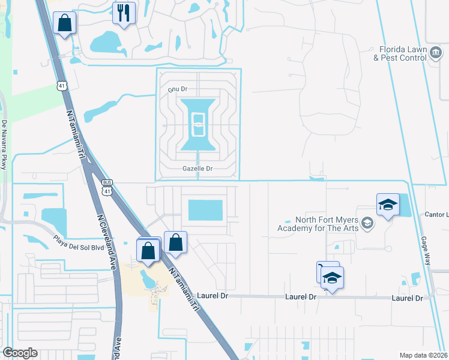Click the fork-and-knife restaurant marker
[124, 13]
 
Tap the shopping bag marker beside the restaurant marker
[65, 24]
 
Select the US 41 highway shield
[62, 86]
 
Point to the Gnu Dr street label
[178, 89]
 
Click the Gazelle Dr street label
[197, 169]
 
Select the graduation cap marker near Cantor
[388, 205]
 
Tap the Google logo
[20, 353]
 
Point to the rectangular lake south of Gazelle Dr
[205, 210]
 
